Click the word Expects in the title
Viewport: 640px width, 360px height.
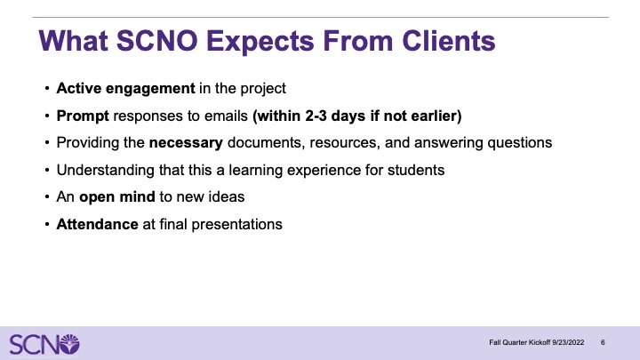pyautogui.click(x=260, y=42)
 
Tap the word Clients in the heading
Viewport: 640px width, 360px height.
pyautogui.click(x=449, y=40)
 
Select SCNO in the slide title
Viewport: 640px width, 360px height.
pyautogui.click(x=157, y=40)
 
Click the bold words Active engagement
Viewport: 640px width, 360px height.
pyautogui.click(x=125, y=89)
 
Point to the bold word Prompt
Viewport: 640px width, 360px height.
pyautogui.click(x=83, y=116)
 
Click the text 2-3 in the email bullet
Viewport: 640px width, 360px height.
pyautogui.click(x=316, y=116)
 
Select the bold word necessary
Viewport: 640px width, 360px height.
pyautogui.click(x=186, y=143)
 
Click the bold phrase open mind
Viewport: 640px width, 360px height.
pyautogui.click(x=117, y=197)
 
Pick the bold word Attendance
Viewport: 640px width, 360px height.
pyautogui.click(x=97, y=224)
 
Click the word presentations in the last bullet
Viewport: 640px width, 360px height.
pyautogui.click(x=236, y=225)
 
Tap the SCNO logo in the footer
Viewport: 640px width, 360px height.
pyautogui.click(x=44, y=344)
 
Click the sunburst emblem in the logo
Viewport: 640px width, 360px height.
pyautogui.click(x=69, y=344)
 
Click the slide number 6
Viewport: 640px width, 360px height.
pyautogui.click(x=603, y=342)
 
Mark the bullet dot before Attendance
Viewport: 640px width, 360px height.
pyautogui.click(x=47, y=224)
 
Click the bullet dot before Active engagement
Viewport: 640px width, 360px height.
pyautogui.click(x=47, y=88)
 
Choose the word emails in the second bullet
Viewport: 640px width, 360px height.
pyautogui.click(x=226, y=116)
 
